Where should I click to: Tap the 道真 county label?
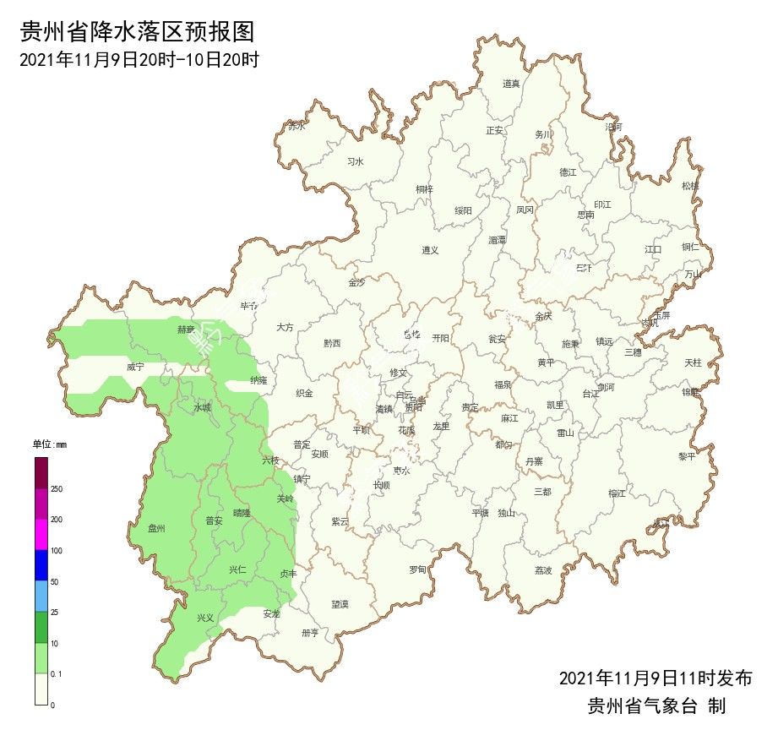click(511, 83)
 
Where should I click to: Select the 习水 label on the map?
click(356, 161)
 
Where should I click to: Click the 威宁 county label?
click(135, 367)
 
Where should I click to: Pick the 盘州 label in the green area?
click(156, 528)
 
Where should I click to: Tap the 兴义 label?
click(205, 618)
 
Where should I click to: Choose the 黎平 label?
click(687, 456)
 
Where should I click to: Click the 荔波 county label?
click(543, 570)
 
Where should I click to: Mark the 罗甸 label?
click(417, 569)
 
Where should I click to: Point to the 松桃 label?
click(690, 185)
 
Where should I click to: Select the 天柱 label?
click(693, 362)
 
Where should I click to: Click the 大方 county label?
click(285, 326)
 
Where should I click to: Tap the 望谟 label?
click(340, 604)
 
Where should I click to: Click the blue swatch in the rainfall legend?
click(41, 565)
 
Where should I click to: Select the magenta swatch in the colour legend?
click(41, 534)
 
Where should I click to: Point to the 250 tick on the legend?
click(57, 489)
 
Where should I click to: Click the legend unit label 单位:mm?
click(49, 444)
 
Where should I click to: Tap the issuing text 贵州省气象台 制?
click(656, 705)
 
